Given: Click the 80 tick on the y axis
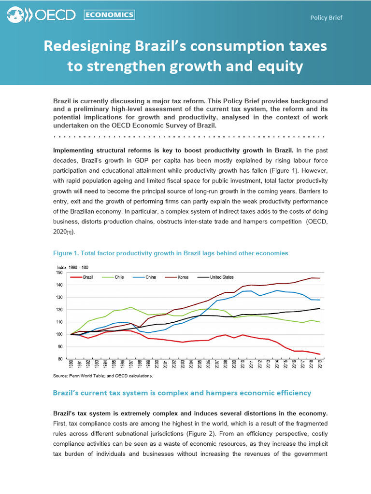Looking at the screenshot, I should [x=61, y=359].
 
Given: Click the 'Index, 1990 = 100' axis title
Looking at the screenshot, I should [x=72, y=267].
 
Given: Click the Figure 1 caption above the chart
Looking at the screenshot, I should [x=170, y=253].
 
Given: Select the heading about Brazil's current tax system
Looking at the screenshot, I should [x=182, y=393].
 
